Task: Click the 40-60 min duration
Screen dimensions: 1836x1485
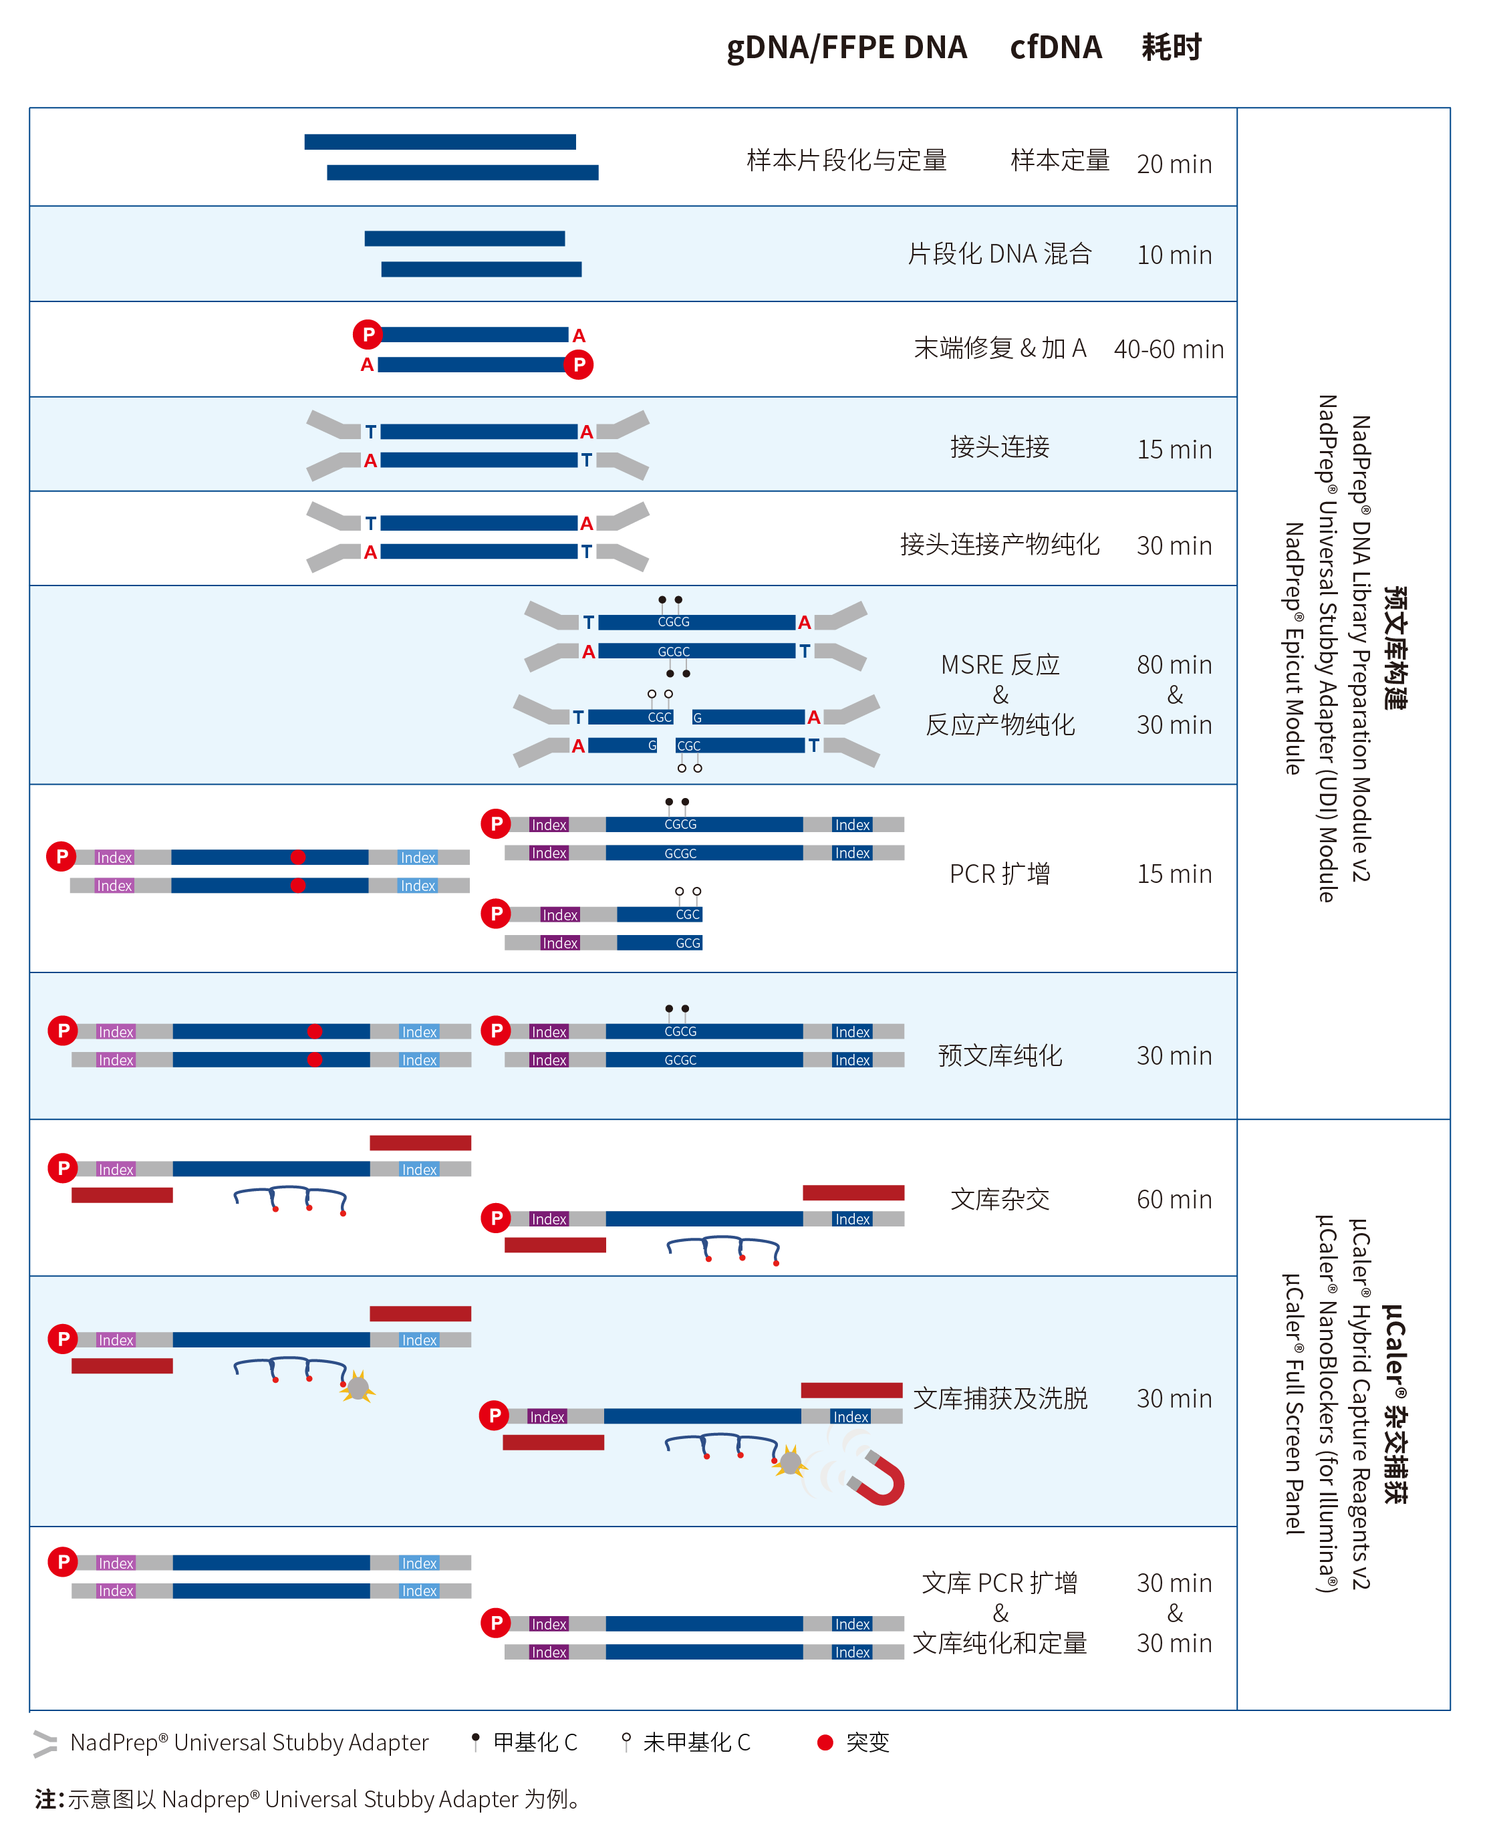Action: coord(1168,349)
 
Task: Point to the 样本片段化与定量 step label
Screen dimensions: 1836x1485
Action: coord(846,160)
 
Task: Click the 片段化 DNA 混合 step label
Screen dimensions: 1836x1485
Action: coord(999,254)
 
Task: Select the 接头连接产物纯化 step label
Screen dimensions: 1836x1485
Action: coord(999,544)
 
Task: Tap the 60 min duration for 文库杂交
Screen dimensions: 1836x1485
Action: coord(1174,1200)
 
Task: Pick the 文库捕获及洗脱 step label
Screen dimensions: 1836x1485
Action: coord(1000,1398)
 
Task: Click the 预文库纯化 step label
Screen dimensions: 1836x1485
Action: coord(1000,1056)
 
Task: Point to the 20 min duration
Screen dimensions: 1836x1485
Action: coord(1174,163)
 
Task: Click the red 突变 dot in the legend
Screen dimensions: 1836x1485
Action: coord(825,1742)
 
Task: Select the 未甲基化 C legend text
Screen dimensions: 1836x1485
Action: coord(696,1742)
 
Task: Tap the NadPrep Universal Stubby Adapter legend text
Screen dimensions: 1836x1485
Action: coord(249,1742)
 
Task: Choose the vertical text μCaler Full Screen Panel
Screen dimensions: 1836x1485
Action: coord(1293,1403)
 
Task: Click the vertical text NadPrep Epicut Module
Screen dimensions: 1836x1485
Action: coord(1293,648)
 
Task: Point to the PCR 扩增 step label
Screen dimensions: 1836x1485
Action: coord(999,874)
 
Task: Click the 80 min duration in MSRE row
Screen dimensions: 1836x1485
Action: coord(1174,665)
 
